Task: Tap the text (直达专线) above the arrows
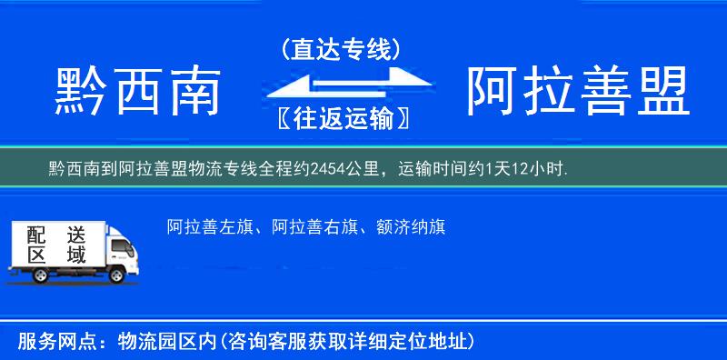coord(341,51)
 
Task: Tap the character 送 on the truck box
coord(76,235)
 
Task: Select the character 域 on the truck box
coord(76,255)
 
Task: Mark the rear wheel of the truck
coord(28,274)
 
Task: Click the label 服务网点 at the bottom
coord(55,342)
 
